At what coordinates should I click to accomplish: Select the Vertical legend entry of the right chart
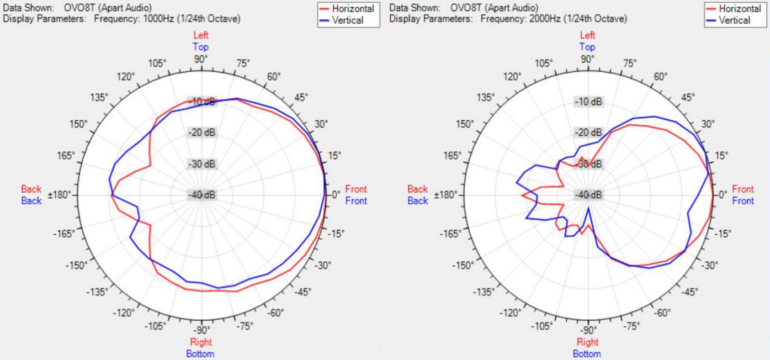[x=734, y=20]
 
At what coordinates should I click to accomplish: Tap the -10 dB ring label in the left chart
[x=202, y=102]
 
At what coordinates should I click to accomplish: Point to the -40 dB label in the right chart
[x=588, y=195]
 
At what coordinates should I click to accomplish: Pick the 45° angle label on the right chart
[x=687, y=98]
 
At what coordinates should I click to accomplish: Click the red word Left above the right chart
[x=588, y=35]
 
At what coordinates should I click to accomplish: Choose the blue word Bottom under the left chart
[x=201, y=353]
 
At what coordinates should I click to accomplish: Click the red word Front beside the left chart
[x=356, y=189]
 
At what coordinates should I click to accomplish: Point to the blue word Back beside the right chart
[x=418, y=201]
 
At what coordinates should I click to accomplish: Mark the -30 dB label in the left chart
[x=202, y=165]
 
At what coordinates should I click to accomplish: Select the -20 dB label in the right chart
[x=588, y=133]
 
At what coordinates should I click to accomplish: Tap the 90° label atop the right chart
[x=588, y=59]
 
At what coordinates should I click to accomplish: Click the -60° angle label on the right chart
[x=662, y=313]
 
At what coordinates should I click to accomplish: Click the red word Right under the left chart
[x=201, y=342]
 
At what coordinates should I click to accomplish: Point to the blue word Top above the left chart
[x=201, y=47]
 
